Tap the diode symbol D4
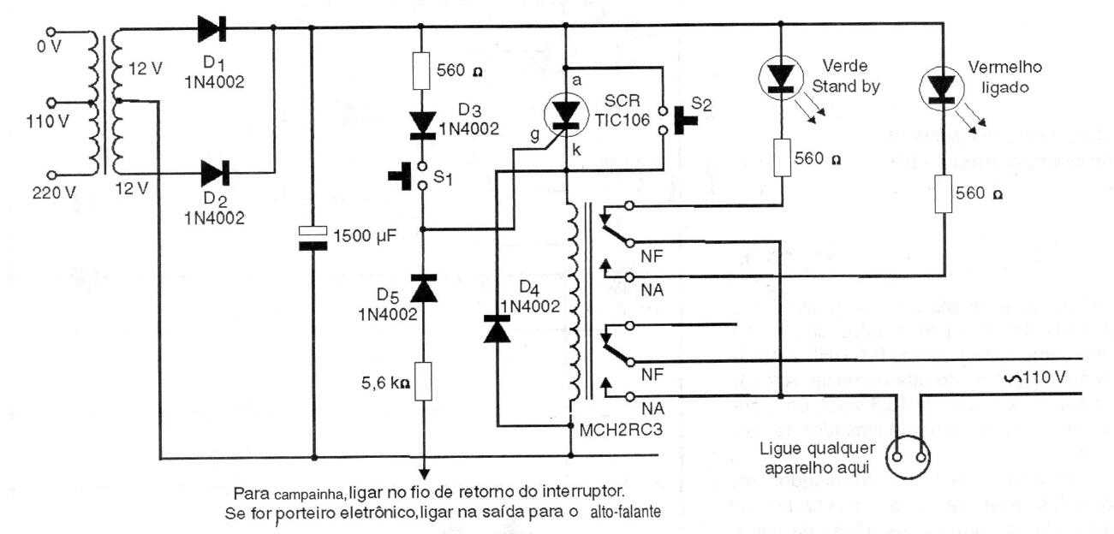coord(497,328)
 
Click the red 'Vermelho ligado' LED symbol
coord(939,86)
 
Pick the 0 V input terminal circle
coord(56,32)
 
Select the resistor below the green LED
coord(781,158)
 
